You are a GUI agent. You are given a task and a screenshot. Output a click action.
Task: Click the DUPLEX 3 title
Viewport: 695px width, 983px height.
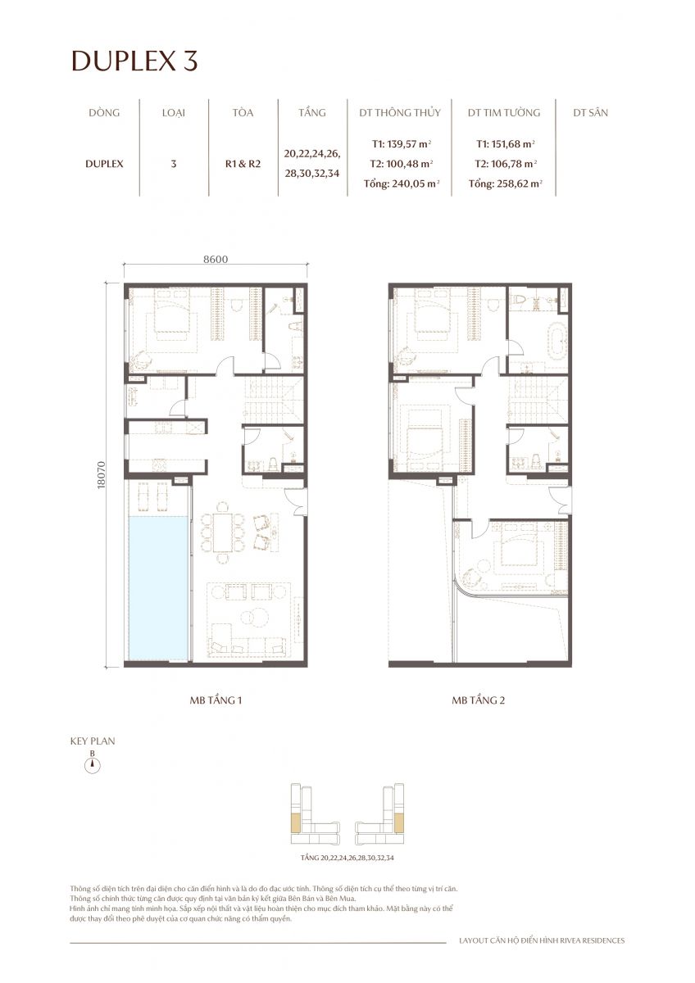click(134, 61)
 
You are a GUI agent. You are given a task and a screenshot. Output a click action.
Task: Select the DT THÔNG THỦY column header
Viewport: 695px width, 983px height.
click(401, 112)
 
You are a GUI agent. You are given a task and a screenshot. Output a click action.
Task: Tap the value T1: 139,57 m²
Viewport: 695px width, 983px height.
click(401, 143)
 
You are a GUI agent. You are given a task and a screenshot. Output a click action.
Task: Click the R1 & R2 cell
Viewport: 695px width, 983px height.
click(243, 163)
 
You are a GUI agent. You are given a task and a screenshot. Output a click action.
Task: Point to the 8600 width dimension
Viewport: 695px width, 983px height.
click(215, 259)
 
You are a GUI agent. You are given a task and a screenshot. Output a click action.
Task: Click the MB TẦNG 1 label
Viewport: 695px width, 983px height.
click(215, 701)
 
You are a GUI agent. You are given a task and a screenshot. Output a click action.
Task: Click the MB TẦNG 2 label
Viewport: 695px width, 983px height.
click(479, 701)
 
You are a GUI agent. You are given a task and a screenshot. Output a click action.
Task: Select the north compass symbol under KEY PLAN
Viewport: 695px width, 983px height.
click(93, 765)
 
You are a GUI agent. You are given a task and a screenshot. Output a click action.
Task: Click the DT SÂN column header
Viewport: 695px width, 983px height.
click(590, 112)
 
